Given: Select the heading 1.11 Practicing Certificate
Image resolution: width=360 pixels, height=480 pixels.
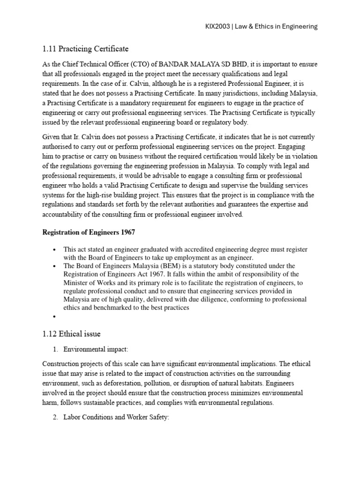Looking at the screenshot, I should click(x=85, y=49).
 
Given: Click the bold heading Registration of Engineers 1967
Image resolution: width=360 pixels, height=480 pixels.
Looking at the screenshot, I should click(x=89, y=232).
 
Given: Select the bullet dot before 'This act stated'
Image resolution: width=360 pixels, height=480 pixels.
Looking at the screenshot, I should click(x=55, y=249).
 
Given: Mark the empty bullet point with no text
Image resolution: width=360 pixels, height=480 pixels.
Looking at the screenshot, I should click(x=55, y=316).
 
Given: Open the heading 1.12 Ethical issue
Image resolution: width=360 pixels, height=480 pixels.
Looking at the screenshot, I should click(x=71, y=334).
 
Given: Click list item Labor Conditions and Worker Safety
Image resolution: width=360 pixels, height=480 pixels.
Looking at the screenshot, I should click(x=116, y=417).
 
